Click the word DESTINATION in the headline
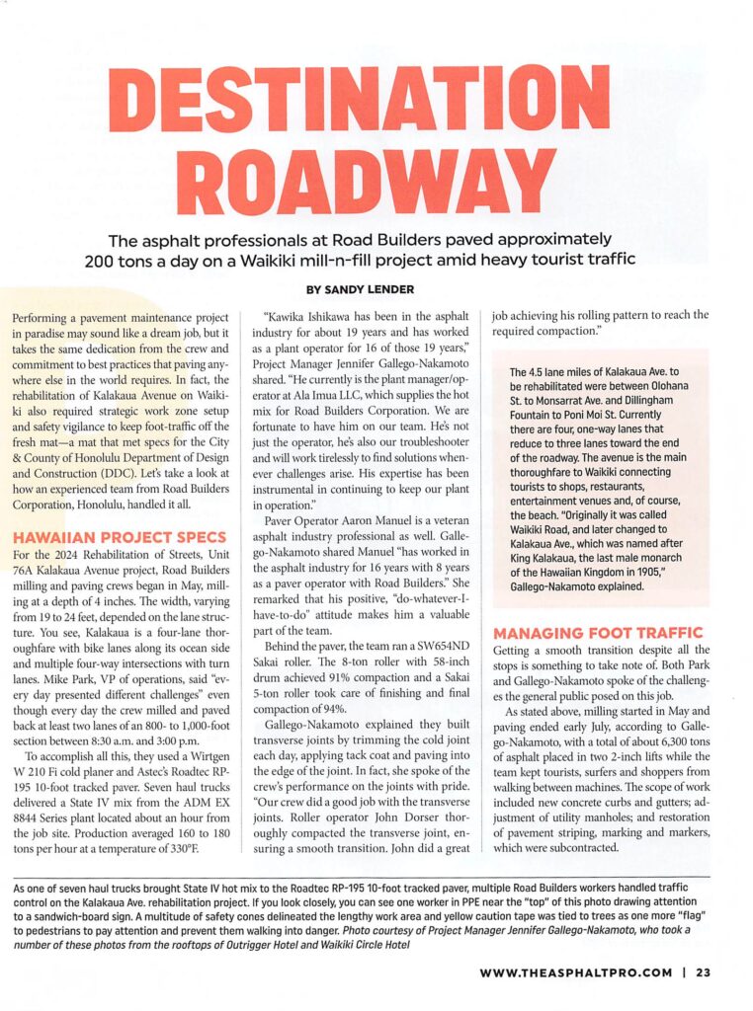[376, 107]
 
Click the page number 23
[703, 972]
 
